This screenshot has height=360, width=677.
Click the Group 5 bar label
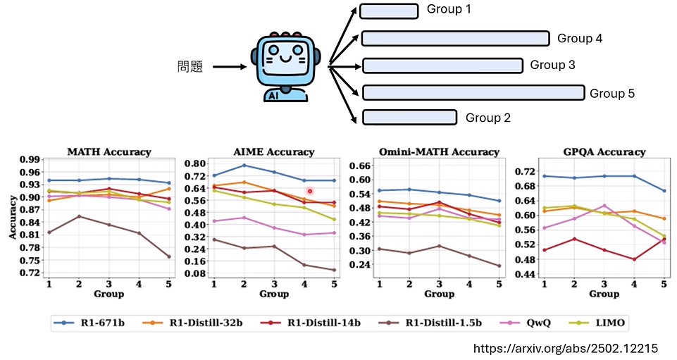[612, 92]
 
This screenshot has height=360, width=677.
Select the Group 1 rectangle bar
[388, 11]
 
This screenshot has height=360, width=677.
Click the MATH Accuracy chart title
[108, 151]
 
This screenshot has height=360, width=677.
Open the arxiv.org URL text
[566, 348]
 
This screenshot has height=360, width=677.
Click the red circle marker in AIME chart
[309, 191]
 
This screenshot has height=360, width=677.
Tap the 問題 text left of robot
[190, 68]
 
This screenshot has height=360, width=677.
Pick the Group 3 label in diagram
[552, 65]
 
